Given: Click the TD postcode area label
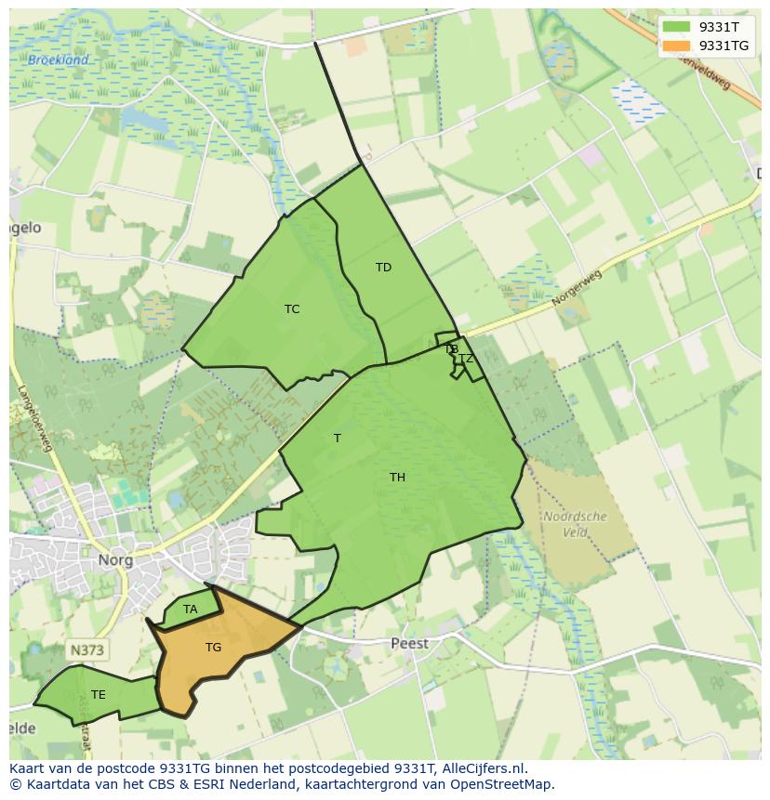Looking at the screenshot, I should pos(383,268).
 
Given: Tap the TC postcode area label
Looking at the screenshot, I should pos(292,309).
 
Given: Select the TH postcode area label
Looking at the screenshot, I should pos(397,478).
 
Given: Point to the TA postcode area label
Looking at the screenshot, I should pos(190,610).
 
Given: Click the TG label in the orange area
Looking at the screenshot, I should pos(213,648).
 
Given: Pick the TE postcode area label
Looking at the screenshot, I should pos(99,694).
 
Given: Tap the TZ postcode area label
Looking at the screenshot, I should pos(466,359).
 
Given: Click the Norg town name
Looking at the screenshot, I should pos(115,560).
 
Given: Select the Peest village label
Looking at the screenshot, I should pos(409,643).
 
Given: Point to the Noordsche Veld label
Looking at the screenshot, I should pos(575,524).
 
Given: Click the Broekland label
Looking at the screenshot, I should pos(58,60).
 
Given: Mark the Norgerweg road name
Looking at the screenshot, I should pos(577,289).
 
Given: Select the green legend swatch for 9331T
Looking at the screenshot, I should pos(676,27).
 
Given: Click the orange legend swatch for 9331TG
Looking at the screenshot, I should pos(676,46).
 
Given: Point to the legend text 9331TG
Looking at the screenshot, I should pos(724,46).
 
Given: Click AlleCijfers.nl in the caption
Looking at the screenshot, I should pos(483,768).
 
